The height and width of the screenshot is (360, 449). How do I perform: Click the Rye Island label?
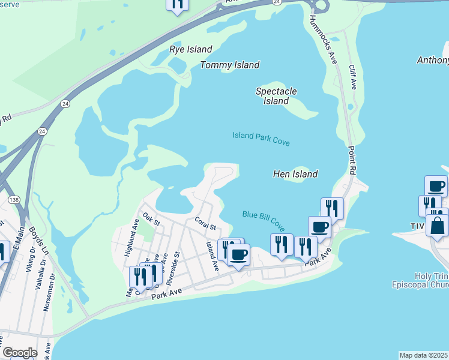click(190, 49)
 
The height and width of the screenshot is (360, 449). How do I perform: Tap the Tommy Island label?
click(230, 65)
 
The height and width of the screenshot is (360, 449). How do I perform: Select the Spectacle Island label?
click(276, 96)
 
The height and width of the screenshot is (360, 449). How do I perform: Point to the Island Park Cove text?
click(261, 139)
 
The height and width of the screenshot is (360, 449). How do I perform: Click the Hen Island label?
click(295, 174)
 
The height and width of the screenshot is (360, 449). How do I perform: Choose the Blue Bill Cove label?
click(264, 220)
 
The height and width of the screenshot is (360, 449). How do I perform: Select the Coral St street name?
click(205, 223)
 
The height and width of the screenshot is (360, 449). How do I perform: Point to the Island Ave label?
click(211, 254)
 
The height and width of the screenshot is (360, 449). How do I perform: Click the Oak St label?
click(151, 218)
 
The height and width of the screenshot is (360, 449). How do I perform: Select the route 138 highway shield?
click(13, 199)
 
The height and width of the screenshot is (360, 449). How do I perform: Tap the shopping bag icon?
click(437, 226)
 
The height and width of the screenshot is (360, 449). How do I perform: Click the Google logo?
click(19, 353)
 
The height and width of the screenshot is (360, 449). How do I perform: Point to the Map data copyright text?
click(424, 355)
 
